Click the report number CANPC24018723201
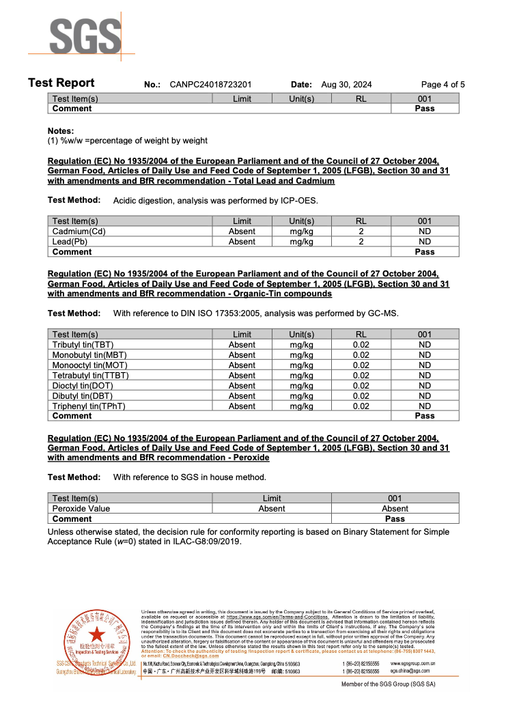[x=211, y=85]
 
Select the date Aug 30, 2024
[x=346, y=85]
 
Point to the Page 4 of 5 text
[x=442, y=85]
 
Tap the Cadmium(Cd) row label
[x=79, y=232]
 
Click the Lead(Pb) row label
[x=70, y=242]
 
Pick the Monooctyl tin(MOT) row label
[x=89, y=365]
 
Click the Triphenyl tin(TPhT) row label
[x=89, y=406]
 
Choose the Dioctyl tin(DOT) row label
[x=83, y=386]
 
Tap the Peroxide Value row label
[x=81, y=509]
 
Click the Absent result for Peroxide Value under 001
[x=395, y=509]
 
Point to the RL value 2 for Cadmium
[x=361, y=232]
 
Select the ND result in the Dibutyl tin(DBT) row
[x=425, y=396]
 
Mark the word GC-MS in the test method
[x=382, y=313]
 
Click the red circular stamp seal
[x=95, y=642]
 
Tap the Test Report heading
[x=61, y=83]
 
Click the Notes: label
[x=61, y=131]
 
